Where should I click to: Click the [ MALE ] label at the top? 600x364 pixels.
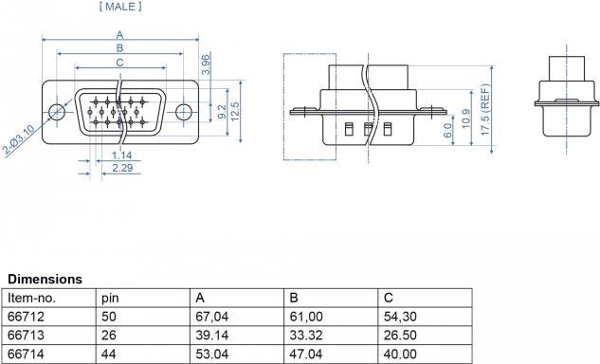point(120,7)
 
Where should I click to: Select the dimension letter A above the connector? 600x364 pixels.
point(119,35)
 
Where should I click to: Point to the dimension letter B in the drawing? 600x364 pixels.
point(119,48)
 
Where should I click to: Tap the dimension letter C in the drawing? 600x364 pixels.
point(119,63)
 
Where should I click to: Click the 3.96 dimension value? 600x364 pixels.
point(206,65)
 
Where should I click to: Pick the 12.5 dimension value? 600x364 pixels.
point(235,112)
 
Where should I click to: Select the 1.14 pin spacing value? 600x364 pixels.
point(121,155)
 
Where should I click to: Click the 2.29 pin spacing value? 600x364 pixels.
point(122,168)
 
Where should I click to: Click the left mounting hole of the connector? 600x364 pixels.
point(57,112)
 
